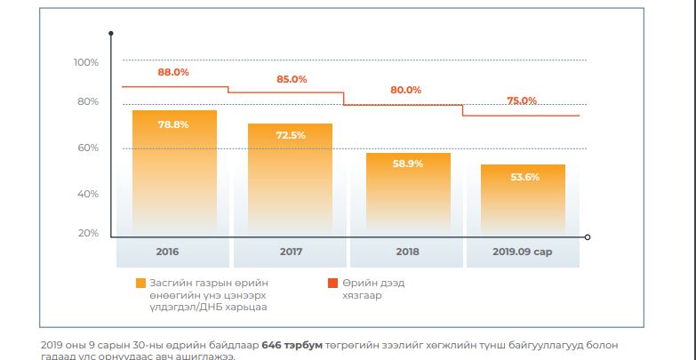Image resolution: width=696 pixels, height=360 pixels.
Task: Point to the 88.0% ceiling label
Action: [173, 72]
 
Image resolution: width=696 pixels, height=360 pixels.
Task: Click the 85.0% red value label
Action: [292, 79]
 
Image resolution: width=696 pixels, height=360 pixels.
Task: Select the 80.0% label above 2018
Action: [405, 90]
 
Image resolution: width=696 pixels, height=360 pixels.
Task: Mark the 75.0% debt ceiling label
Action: [522, 100]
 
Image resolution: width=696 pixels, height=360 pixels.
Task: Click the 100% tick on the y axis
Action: [86, 62]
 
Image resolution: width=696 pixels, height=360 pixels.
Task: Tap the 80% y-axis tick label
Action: [88, 101]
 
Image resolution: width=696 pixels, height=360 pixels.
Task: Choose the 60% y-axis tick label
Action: [88, 148]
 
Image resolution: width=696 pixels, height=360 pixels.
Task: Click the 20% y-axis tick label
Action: [88, 233]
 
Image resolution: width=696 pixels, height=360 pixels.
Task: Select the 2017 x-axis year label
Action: [291, 252]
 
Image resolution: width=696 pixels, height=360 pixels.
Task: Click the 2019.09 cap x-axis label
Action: [523, 252]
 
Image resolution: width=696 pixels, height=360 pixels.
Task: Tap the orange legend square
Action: [140, 283]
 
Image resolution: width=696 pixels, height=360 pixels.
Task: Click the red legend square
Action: [332, 283]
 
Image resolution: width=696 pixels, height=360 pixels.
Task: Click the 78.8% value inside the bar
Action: [173, 124]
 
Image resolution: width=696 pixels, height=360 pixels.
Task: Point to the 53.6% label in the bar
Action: [524, 177]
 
